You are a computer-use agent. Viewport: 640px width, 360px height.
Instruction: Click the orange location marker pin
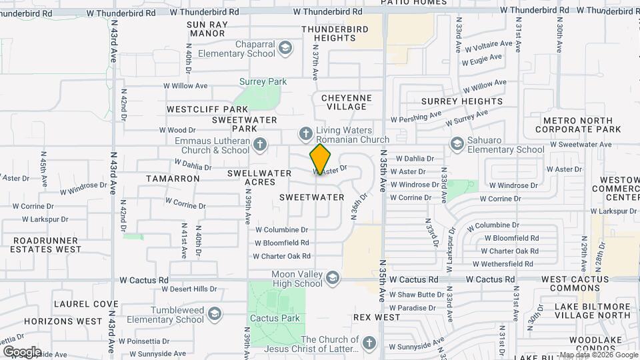320,159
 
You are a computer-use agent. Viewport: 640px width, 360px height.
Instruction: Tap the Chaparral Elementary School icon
285,48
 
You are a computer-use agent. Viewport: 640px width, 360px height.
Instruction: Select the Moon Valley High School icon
332,277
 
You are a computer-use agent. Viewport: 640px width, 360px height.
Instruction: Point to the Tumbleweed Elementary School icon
214,313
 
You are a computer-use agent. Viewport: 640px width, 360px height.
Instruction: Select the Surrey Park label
263,82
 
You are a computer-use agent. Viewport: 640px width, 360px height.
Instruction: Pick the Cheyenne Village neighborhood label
347,102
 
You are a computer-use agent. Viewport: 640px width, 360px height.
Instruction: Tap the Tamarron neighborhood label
173,179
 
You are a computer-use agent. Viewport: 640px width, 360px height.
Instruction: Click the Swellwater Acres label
259,177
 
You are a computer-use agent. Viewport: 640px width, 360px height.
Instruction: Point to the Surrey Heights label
462,101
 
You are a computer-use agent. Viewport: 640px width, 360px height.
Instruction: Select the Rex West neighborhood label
377,317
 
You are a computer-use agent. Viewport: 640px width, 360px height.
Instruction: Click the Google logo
22,351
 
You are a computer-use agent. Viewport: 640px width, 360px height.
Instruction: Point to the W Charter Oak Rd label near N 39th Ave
282,256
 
